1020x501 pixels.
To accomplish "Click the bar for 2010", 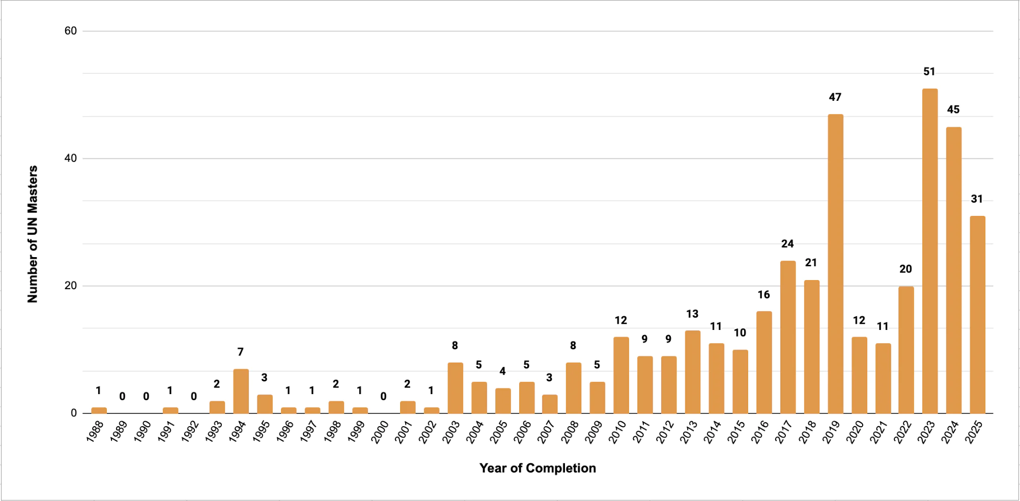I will (621, 375).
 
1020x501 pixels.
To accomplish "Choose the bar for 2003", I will (455, 388).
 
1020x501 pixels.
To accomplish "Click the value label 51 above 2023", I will (929, 72).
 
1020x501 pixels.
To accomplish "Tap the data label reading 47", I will (835, 97).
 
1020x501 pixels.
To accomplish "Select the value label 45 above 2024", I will (953, 110).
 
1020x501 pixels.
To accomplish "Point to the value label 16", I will (763, 295).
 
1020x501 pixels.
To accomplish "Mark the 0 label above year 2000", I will (383, 397).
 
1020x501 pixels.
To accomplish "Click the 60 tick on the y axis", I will (71, 31).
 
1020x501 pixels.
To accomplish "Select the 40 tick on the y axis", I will (71, 158).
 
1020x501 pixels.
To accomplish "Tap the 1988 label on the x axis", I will (95, 432).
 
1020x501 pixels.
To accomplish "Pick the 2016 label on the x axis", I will (760, 432).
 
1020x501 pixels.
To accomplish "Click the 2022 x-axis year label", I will (902, 432).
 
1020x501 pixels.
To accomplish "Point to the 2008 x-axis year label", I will (570, 432).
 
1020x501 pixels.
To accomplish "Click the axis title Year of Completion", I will (537, 468).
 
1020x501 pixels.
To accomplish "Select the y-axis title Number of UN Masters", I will (33, 234).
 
